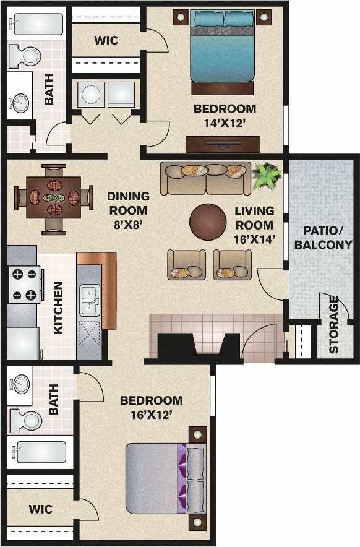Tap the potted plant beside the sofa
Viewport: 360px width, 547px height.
(x=267, y=174)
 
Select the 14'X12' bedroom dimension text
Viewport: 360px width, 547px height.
(x=225, y=123)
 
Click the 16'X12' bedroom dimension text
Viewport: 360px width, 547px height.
(x=151, y=415)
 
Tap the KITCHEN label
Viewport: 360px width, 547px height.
(x=58, y=308)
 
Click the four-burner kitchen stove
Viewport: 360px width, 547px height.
(x=24, y=285)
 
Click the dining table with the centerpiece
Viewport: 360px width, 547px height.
(x=53, y=199)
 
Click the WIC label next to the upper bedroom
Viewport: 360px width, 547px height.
(x=106, y=41)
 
